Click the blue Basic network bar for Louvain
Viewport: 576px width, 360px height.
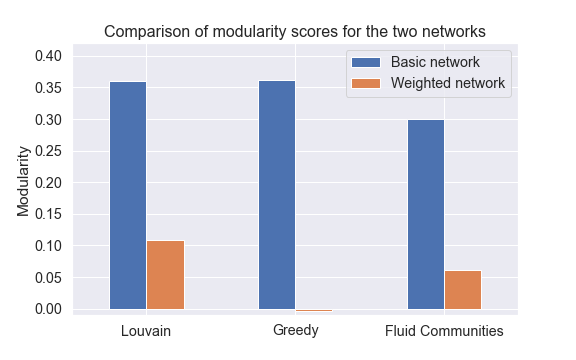[127, 195]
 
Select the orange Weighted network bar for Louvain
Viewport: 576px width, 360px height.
[165, 275]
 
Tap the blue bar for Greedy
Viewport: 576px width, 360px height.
[276, 195]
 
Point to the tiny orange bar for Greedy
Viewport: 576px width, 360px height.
[314, 310]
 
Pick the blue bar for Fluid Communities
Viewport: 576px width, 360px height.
[426, 214]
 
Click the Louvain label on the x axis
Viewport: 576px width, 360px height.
[146, 330]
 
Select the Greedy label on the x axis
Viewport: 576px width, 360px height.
[295, 330]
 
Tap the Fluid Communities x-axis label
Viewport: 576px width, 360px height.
[444, 330]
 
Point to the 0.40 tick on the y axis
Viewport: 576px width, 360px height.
[48, 56]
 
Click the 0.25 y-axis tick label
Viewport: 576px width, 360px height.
[48, 151]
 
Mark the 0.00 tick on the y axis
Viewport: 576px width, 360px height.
[48, 309]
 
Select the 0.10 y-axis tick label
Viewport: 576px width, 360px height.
[48, 246]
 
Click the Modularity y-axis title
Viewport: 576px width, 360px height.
[23, 183]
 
